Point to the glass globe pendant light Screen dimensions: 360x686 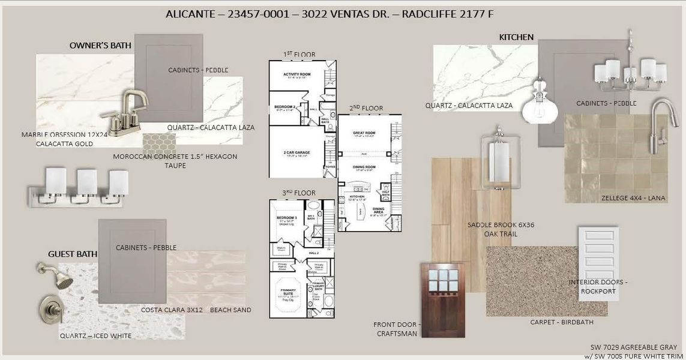point(540,106)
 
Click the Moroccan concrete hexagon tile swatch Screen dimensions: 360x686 point(159,142)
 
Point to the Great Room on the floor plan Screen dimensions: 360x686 point(364,133)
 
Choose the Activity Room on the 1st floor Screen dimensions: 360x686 point(296,74)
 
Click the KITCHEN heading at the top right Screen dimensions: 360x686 point(516,37)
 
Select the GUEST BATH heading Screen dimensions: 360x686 point(73,254)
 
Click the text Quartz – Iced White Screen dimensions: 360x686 point(95,335)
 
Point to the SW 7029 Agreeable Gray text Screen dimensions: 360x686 point(635,347)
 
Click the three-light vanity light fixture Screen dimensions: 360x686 point(78,187)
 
